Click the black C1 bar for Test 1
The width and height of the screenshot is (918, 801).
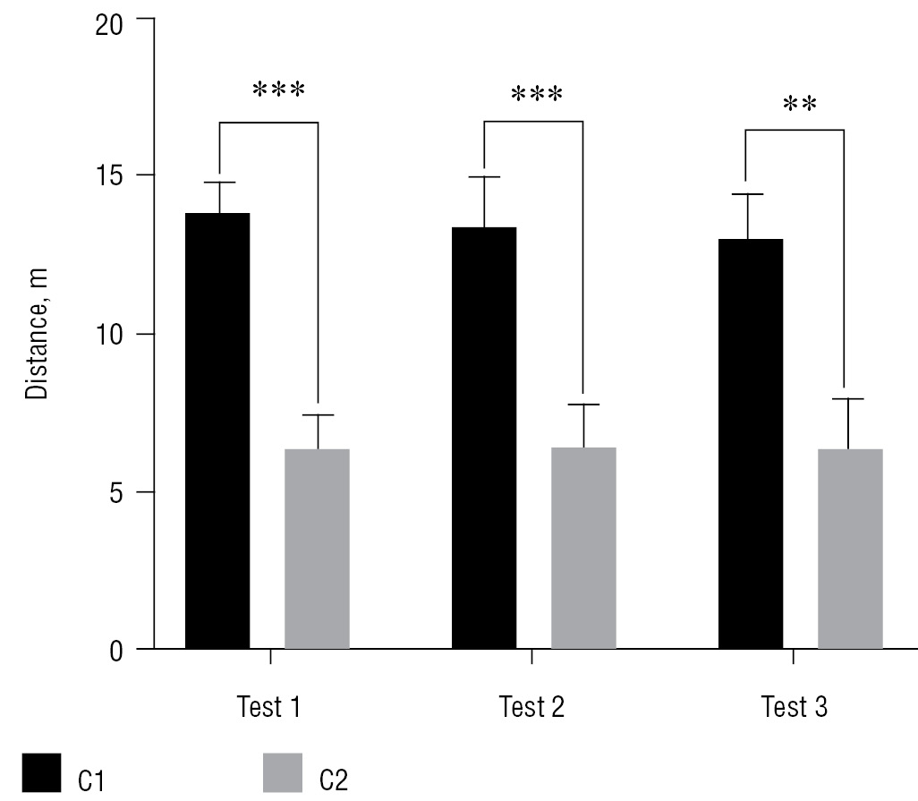(217, 430)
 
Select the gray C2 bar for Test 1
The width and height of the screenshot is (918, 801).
(317, 549)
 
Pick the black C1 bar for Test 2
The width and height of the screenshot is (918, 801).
(484, 438)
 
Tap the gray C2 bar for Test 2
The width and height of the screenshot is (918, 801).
(583, 548)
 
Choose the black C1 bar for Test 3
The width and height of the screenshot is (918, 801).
(751, 444)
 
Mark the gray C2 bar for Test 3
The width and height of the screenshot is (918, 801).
(850, 549)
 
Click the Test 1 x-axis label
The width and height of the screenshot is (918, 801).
(269, 708)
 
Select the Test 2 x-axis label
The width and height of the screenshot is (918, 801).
(532, 708)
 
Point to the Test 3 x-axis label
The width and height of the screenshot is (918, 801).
(795, 708)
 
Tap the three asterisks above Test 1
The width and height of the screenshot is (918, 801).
(278, 90)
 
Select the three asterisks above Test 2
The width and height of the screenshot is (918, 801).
(536, 95)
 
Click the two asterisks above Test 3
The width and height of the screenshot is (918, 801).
(799, 105)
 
